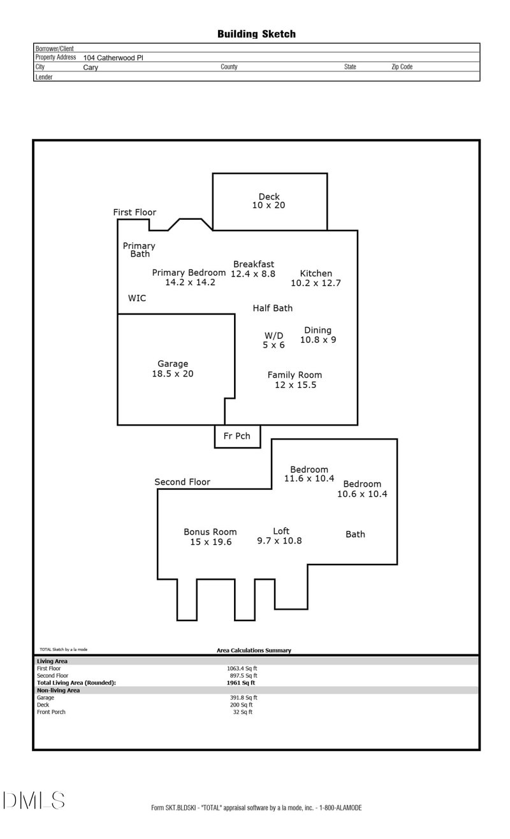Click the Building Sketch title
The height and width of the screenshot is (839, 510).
point(256,34)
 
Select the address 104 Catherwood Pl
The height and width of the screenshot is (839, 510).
point(113,57)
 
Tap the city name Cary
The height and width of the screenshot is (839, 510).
point(91,67)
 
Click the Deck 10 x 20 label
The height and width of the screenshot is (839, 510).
point(268,201)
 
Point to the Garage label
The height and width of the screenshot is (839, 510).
point(173,369)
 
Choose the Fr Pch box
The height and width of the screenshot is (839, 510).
point(237,436)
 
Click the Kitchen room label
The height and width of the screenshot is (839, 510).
point(316,278)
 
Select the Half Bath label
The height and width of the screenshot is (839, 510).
point(273,308)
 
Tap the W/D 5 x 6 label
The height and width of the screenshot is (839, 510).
point(274,340)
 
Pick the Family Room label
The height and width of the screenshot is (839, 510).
point(295,380)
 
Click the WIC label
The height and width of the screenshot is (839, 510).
point(137,298)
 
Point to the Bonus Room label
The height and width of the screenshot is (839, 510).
point(210,536)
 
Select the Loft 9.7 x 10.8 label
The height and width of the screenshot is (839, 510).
point(279,536)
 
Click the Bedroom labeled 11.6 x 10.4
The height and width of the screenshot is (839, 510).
point(309,474)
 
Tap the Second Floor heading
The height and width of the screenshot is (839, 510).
point(182,482)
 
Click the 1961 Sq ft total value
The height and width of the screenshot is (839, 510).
point(237,683)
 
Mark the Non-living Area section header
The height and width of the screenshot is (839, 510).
point(58,690)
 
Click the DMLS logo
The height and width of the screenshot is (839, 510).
point(33,800)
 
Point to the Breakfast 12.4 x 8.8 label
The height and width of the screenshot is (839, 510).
point(253,269)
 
